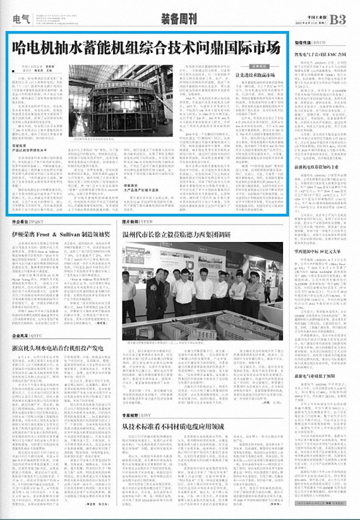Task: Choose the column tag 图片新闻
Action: click(x=133, y=220)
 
